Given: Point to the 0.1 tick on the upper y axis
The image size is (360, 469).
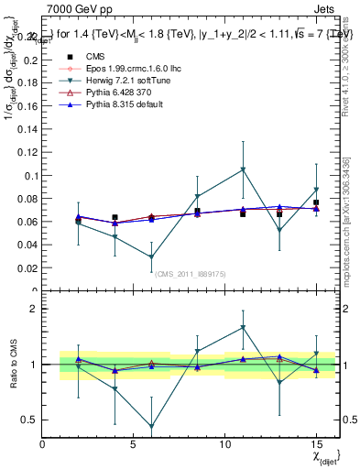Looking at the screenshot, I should coord(31,175).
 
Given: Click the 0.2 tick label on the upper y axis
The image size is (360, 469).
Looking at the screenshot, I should coord(31,60).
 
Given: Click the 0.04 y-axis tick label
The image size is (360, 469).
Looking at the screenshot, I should coord(27,245).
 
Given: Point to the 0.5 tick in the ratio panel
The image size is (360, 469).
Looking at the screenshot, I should coord(29,420).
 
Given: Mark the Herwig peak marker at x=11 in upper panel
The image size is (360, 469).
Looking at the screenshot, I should coord(243,169).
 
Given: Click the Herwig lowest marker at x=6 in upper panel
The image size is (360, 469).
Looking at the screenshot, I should coord(151,257).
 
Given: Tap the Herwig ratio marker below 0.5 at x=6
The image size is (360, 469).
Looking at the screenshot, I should coord(151,426).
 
